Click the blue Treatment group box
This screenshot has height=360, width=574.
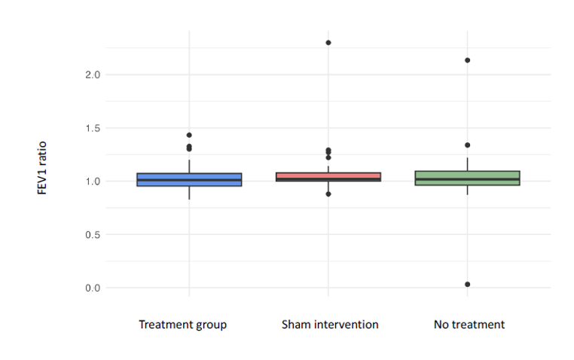[189, 180]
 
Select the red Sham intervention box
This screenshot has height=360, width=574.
[328, 177]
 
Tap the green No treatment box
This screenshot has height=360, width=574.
[468, 178]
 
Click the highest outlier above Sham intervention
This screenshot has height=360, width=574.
[328, 43]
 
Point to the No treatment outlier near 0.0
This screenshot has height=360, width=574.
[468, 284]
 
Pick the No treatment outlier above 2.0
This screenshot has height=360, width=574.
[468, 60]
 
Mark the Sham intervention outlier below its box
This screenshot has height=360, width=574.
[328, 194]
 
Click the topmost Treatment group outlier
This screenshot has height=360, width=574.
[189, 135]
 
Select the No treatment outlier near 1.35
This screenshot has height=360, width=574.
[468, 145]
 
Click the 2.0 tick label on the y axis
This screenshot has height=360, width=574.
[93, 75]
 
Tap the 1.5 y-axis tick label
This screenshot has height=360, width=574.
[93, 129]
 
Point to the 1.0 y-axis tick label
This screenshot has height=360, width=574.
[93, 182]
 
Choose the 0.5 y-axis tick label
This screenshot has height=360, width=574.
[93, 235]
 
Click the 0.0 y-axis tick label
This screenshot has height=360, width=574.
[93, 288]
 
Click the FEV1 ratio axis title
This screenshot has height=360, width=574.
[42, 168]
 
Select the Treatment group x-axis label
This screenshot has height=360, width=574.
[182, 325]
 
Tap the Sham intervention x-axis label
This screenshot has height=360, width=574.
[330, 325]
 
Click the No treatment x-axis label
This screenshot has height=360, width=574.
[469, 325]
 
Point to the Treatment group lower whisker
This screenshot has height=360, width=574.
[189, 193]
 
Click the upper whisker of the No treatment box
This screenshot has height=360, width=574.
[468, 164]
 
